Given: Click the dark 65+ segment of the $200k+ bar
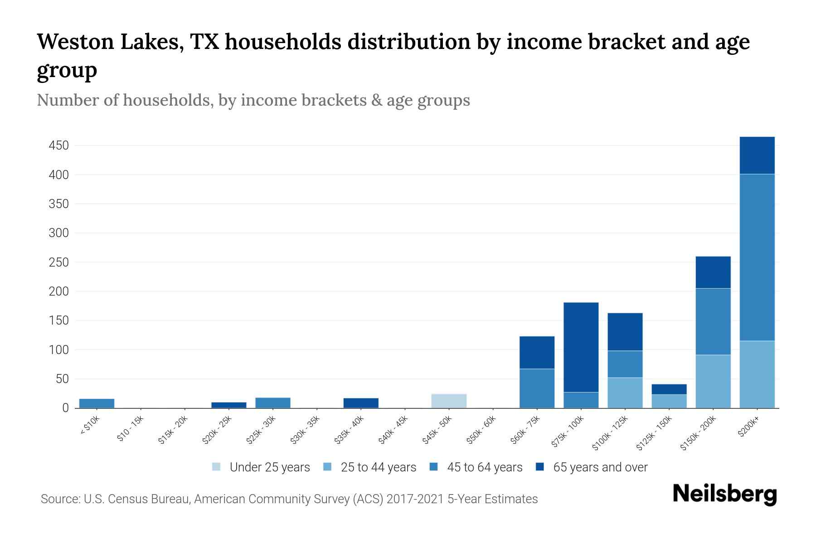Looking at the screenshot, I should tap(757, 155).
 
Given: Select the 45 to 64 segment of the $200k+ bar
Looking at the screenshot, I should tap(757, 257).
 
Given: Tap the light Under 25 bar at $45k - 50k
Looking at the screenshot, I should tap(448, 401).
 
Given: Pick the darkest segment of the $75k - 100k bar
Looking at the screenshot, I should tap(581, 347).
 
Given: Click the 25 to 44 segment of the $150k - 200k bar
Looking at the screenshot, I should tap(713, 381).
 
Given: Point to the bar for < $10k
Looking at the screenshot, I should tap(97, 403).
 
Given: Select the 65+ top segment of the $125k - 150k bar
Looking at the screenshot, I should tap(669, 389).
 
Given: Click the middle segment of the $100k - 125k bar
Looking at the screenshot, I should tap(625, 364).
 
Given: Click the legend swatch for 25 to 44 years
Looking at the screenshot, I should tap(327, 466).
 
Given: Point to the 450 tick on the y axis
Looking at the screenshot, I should tap(59, 146).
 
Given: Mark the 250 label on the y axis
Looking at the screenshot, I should tap(59, 262).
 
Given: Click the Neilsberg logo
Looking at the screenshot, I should tap(724, 494).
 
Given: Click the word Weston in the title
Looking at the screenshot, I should tap(75, 42).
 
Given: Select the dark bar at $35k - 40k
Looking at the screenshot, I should tap(361, 403).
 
